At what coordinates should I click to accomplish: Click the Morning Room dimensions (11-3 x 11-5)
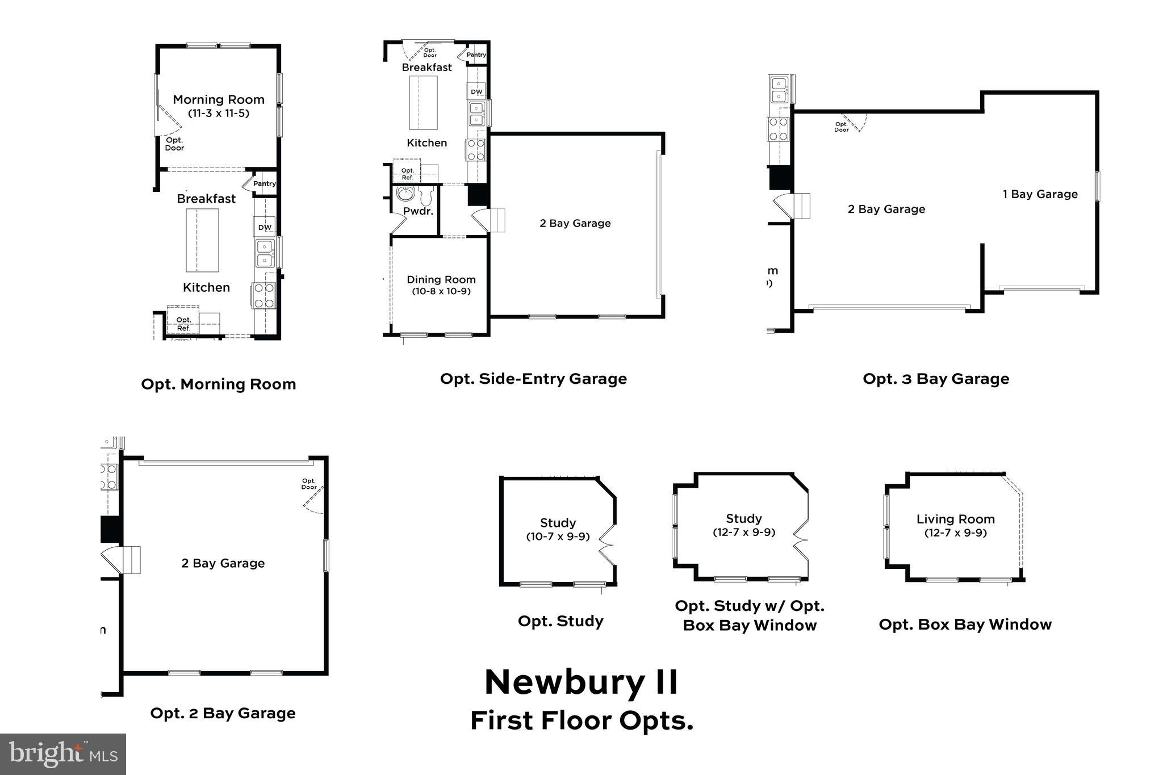219,113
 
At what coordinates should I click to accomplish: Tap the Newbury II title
581,682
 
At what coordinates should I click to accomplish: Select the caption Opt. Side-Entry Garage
533,379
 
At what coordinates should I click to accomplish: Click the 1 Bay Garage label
1040,194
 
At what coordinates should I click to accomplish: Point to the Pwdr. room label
418,211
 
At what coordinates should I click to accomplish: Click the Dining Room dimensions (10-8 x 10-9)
441,291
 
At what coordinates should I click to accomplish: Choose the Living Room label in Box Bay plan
955,519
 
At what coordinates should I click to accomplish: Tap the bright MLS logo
63,753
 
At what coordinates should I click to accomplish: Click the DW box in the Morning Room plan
265,227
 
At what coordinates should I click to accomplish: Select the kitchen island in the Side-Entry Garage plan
424,103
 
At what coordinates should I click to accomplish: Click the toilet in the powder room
427,195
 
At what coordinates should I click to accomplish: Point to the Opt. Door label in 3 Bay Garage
841,127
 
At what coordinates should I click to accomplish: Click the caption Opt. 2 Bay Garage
223,713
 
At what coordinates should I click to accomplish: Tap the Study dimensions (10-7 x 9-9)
558,537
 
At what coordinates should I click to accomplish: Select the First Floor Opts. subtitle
581,720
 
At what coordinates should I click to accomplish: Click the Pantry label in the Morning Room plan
264,183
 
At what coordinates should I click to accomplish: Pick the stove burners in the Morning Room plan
263,296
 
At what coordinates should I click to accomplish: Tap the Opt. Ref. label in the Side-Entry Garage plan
407,174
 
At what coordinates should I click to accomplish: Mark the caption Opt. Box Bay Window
965,625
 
